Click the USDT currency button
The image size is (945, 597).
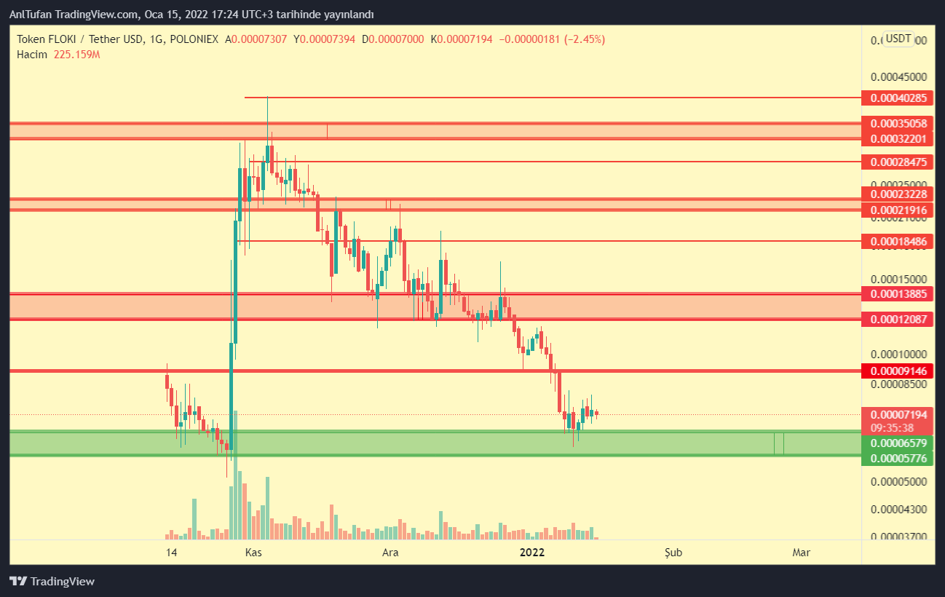[x=898, y=39]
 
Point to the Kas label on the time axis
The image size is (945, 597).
[x=253, y=553]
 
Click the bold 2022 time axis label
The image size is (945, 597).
[x=532, y=553]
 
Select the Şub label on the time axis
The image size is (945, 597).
[x=673, y=553]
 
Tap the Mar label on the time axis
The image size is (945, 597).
[x=801, y=553]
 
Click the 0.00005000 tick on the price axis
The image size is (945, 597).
[x=900, y=482]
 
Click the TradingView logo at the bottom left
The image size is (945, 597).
[x=52, y=581]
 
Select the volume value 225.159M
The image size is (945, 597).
[x=76, y=54]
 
